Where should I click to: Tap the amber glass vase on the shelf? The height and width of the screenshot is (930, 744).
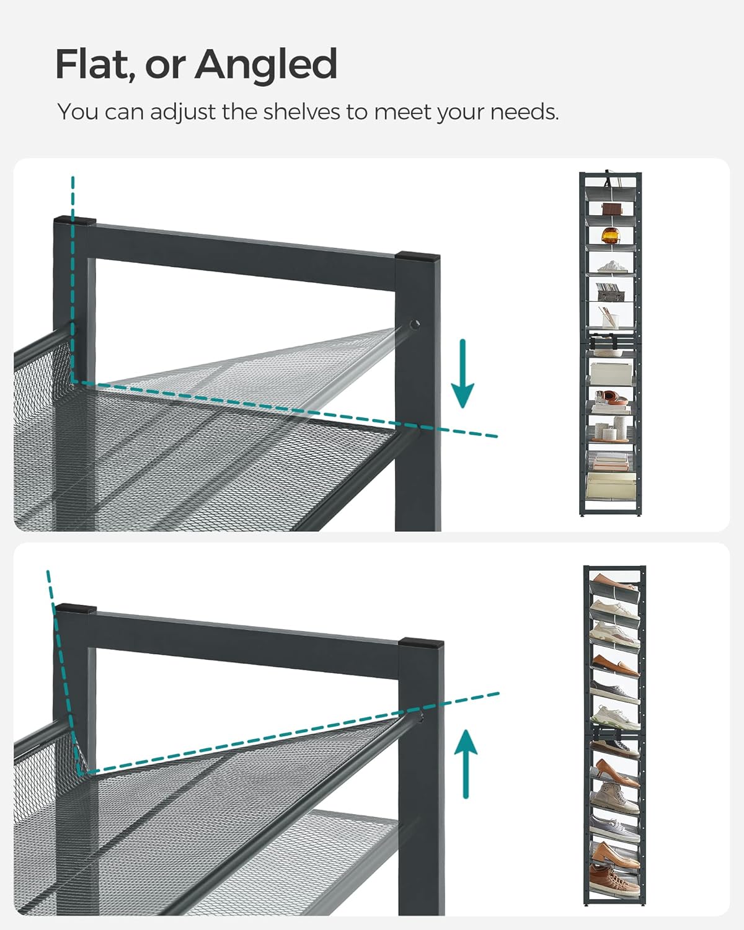click(x=611, y=236)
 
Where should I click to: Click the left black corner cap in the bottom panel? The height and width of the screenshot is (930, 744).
click(x=74, y=608)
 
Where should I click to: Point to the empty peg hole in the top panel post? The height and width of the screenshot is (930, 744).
click(x=414, y=324)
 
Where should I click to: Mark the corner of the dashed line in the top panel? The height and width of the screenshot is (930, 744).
click(x=73, y=381)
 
